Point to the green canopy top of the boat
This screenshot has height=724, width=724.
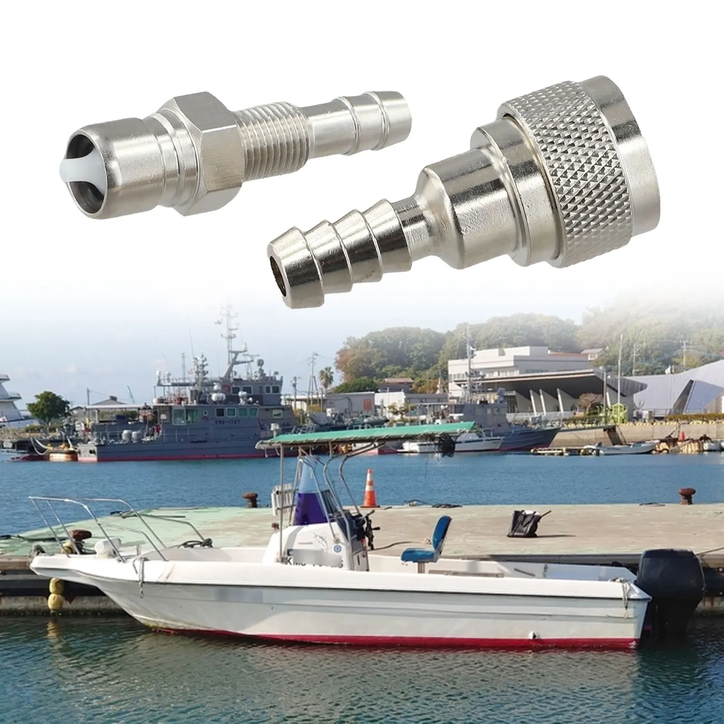[362, 434]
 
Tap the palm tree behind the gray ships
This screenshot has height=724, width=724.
[326, 376]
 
